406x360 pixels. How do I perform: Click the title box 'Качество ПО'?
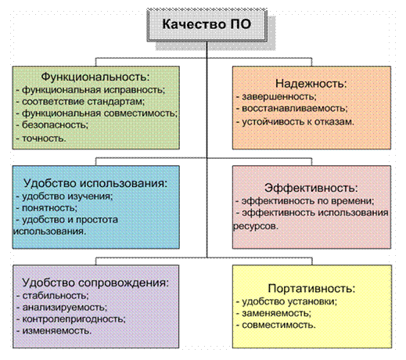[x=207, y=25]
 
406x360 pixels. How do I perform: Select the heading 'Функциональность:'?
[x=95, y=77]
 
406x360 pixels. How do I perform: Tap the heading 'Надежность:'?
[x=311, y=84]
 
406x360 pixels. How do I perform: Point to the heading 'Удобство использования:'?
[x=95, y=183]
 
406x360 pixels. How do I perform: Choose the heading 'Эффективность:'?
[x=311, y=188]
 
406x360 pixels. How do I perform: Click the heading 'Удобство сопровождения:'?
[x=95, y=283]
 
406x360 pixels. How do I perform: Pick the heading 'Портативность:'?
[x=311, y=288]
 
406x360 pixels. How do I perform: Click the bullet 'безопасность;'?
[x=52, y=125]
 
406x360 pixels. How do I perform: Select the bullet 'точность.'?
[x=41, y=138]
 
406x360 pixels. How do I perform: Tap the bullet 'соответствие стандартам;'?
[x=81, y=101]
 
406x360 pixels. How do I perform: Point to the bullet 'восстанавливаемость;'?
[x=292, y=108]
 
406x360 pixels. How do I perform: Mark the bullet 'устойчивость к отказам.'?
[x=295, y=122]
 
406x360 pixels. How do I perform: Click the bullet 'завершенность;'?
[x=276, y=96]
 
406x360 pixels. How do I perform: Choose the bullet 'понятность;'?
[x=47, y=208]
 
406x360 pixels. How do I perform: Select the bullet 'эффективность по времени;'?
[x=305, y=201]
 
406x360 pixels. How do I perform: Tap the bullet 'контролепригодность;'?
[x=71, y=319]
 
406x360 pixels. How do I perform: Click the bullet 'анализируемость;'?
[x=62, y=308]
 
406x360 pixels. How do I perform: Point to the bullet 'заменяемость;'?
[x=274, y=313]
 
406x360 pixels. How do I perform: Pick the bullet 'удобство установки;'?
[x=287, y=301]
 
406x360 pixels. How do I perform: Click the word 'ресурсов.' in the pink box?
[x=256, y=226]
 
